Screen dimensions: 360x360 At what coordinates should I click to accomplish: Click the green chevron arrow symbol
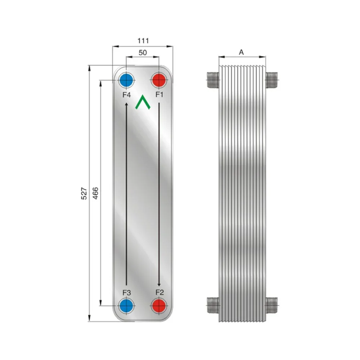point(143,102)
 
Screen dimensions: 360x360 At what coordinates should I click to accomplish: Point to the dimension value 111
point(143,41)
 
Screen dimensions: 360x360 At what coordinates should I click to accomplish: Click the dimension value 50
point(143,53)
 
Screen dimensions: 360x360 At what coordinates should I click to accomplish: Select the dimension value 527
point(84,193)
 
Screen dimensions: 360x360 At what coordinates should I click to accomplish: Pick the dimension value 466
point(95,193)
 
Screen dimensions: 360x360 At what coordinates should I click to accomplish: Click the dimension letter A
point(242,52)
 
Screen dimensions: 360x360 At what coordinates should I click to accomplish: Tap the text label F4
point(126,95)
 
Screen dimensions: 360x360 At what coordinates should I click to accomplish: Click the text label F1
point(159,95)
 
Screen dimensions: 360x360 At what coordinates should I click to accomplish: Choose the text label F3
point(126,292)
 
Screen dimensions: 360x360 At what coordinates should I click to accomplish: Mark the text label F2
point(159,292)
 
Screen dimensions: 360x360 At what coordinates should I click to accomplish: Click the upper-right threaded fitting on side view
point(272,79)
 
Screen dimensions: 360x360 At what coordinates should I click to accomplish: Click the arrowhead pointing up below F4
point(126,105)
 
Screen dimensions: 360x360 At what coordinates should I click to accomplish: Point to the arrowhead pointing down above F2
point(159,284)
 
